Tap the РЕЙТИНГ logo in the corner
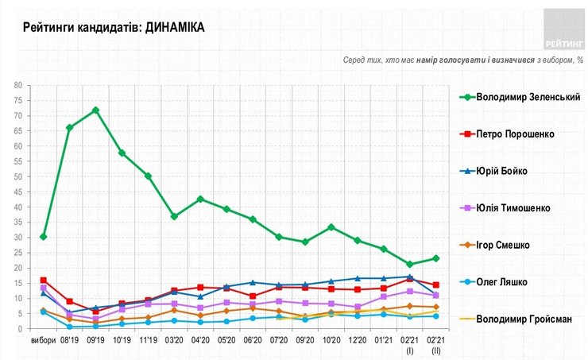pos(562,29)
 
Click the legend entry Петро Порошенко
pos(516,134)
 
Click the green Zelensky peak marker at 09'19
pos(95,110)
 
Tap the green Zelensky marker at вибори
pos(43,236)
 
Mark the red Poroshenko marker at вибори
pos(43,280)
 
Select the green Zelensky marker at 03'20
pos(175,216)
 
